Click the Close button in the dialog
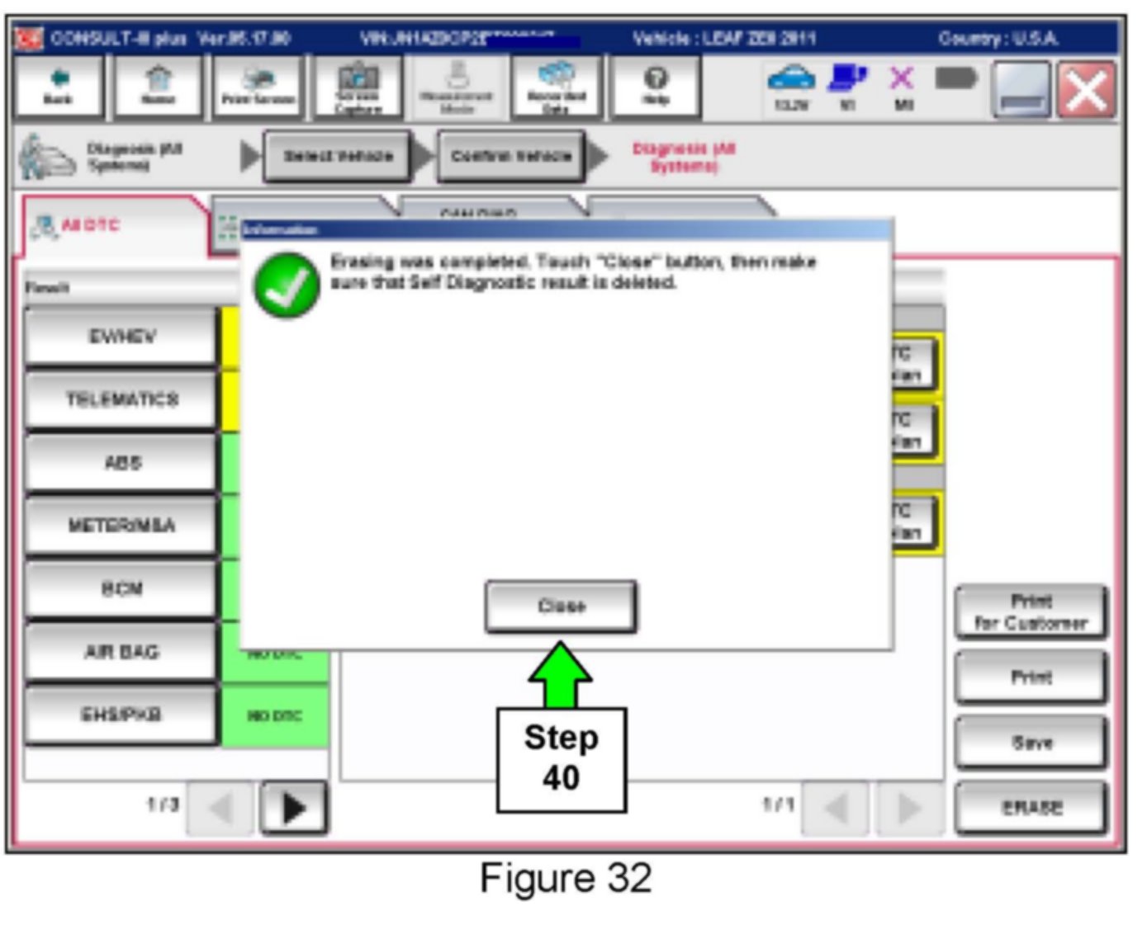pyautogui.click(x=561, y=606)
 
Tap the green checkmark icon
pyautogui.click(x=287, y=286)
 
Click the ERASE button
pyautogui.click(x=1031, y=808)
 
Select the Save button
pyautogui.click(x=1031, y=743)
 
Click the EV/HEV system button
pyautogui.click(x=121, y=337)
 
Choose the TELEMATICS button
pyautogui.click(x=121, y=399)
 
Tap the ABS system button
pyautogui.click(x=121, y=463)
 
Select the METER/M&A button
pyautogui.click(x=121, y=526)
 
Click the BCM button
pyautogui.click(x=121, y=589)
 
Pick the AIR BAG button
pyautogui.click(x=121, y=652)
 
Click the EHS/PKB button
pyautogui.click(x=121, y=715)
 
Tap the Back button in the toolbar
pyautogui.click(x=59, y=87)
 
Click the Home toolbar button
pyautogui.click(x=158, y=87)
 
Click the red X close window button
pyautogui.click(x=1086, y=89)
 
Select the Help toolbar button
pyautogui.click(x=656, y=87)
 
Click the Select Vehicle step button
pyautogui.click(x=338, y=156)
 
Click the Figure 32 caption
pyautogui.click(x=566, y=878)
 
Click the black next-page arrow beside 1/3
pyautogui.click(x=294, y=808)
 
